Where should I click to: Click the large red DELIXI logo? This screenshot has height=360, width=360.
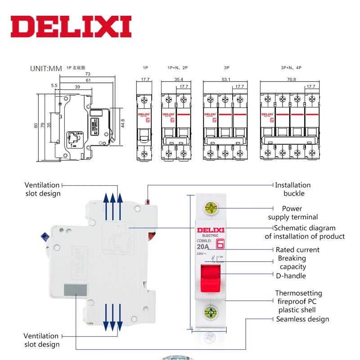coord(71,27)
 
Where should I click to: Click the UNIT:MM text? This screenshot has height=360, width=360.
coord(45,69)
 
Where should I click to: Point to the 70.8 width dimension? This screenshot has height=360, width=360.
coord(291,79)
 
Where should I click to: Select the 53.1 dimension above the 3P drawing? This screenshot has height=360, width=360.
coord(226,79)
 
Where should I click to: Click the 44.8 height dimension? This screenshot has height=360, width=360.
coord(122,122)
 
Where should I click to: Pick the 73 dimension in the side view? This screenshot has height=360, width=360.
coord(88,73)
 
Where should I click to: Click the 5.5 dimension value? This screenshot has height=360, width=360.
coord(54,85)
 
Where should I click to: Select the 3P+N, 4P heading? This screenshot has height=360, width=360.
coord(291,67)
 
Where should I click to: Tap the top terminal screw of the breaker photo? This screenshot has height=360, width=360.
coord(211,208)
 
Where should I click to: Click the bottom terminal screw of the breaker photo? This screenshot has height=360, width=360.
coord(211,312)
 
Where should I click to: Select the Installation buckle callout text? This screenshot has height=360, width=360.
coord(293,189)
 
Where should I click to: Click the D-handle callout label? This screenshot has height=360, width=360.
coord(291,276)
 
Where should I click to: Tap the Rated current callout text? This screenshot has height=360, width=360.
coord(297,250)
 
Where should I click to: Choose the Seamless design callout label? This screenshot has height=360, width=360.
coord(302,319)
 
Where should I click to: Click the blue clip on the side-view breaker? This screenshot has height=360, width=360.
coord(45,237)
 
